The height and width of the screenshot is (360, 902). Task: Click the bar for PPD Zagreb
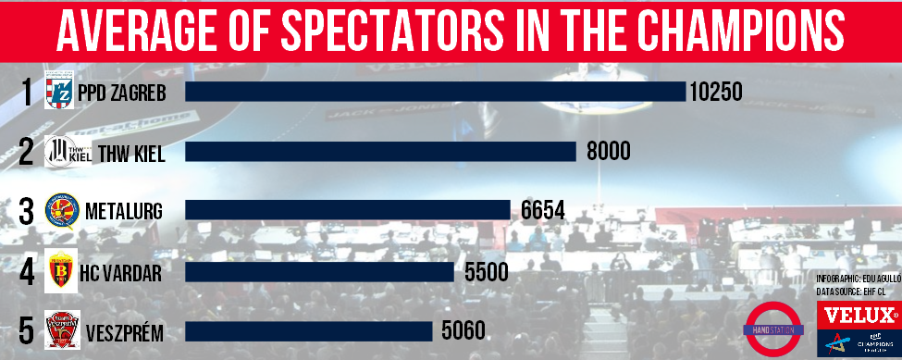coord(435,91)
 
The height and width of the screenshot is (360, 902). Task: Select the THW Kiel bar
coord(380,151)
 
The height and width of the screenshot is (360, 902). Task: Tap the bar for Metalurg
coord(348,210)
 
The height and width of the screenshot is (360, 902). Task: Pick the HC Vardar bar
coord(319,272)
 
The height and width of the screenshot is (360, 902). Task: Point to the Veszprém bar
coord(309,330)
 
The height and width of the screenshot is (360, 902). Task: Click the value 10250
coord(716,91)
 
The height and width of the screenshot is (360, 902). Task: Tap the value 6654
coord(542,210)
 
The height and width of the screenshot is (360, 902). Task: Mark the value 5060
coord(461,330)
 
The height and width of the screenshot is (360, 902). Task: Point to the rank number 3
coord(26,211)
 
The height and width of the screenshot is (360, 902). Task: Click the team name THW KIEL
coord(130,153)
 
